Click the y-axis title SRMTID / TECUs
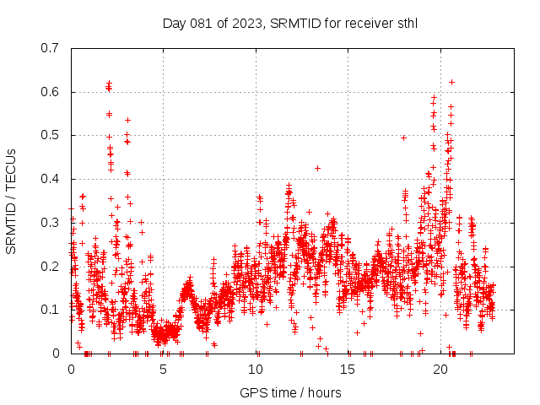(12, 201)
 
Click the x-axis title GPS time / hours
(290, 392)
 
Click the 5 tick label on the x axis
(164, 369)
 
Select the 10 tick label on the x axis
(256, 369)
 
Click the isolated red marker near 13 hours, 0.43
(317, 168)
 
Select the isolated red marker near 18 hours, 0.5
(403, 138)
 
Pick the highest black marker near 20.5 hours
(451, 82)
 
